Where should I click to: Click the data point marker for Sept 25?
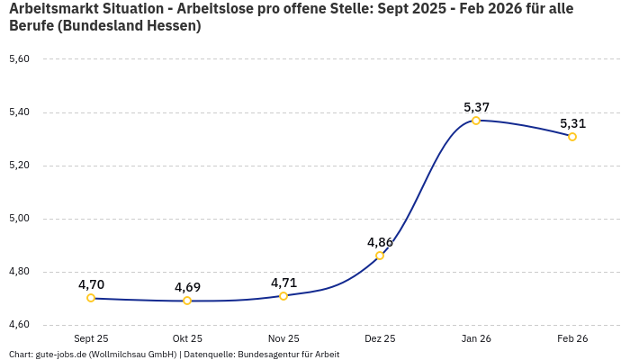point(91,298)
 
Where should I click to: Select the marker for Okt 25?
point(187,301)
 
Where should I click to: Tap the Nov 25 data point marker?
point(283,296)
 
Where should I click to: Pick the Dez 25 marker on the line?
point(380,256)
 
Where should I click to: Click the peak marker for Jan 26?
point(476,121)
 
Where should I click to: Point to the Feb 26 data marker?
point(572,137)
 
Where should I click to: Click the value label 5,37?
point(476,107)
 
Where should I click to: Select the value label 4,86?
point(380,242)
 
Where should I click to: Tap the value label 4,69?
point(187,287)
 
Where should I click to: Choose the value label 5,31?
point(572,123)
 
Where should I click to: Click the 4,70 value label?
point(91,284)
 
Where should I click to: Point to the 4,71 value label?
point(283,283)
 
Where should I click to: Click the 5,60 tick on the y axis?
point(19,59)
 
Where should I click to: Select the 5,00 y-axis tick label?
point(19,219)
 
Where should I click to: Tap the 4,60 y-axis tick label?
point(19,325)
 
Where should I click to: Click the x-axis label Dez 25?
point(380,338)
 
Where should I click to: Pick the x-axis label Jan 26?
point(476,338)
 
